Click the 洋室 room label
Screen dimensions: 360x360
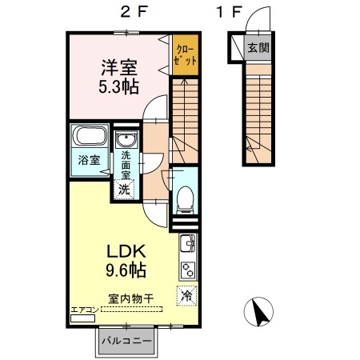[x=119, y=68]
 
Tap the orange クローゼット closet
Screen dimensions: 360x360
[x=186, y=55]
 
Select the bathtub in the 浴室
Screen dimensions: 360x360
[x=90, y=135]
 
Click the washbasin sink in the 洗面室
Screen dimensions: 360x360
[x=127, y=140]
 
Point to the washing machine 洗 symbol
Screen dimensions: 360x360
[x=124, y=189]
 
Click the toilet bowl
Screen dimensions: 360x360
[x=185, y=199]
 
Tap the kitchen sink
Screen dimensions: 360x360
[x=188, y=242]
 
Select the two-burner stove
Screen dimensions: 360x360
[x=188, y=270]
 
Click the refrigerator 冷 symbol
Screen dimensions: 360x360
[x=186, y=295]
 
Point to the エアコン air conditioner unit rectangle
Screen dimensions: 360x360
[x=82, y=318]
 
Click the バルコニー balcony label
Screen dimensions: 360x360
[x=126, y=341]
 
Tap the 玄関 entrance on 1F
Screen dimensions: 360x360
[x=258, y=48]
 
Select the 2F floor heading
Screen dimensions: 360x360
[x=134, y=12]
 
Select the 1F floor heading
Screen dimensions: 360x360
[x=230, y=12]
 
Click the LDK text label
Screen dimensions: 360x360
[x=126, y=251]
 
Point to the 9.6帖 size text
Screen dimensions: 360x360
[x=126, y=270]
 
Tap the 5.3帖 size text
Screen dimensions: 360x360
[x=118, y=86]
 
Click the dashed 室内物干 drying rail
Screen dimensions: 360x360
[x=132, y=310]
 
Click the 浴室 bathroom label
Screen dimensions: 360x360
[x=90, y=160]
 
